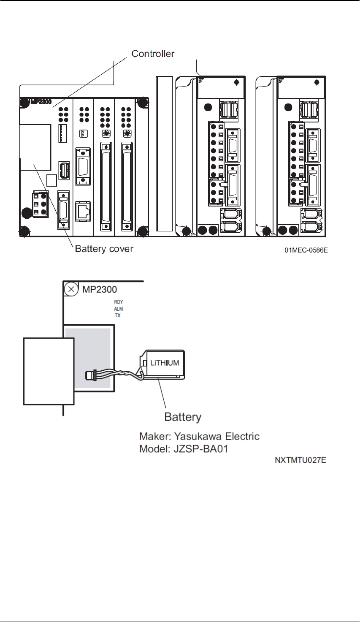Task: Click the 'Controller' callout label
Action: [x=153, y=54]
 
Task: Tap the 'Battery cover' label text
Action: [x=104, y=249]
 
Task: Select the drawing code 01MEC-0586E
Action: [x=306, y=251]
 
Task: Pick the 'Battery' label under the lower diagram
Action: [x=183, y=417]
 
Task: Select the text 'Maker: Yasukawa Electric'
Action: [x=199, y=436]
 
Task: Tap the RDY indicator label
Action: [x=118, y=302]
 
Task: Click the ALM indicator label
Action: [x=118, y=309]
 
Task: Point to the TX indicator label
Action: [x=118, y=315]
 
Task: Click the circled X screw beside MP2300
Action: [x=71, y=289]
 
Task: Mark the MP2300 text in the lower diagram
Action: [x=99, y=290]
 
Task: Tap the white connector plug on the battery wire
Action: [x=90, y=374]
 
